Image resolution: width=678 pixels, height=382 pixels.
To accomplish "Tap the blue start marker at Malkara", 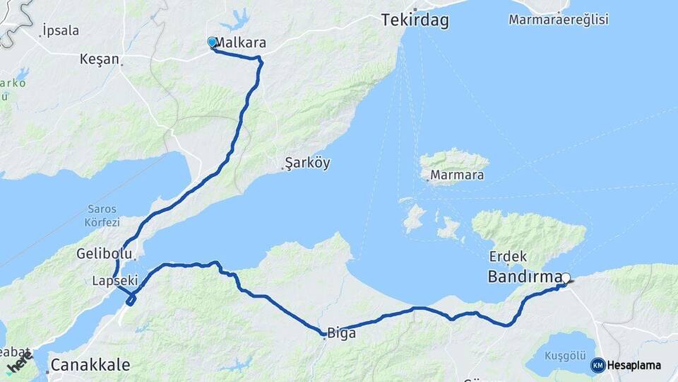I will [212, 42].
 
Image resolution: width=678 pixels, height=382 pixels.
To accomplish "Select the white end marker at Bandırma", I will [565, 278].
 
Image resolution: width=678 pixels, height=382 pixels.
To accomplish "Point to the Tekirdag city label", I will [415, 21].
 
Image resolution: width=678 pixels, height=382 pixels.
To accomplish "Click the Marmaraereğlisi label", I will [558, 20].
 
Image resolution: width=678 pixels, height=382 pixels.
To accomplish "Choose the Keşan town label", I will [100, 59].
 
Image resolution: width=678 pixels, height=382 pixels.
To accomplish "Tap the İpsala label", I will [60, 30].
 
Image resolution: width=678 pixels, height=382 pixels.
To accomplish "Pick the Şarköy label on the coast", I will [307, 163].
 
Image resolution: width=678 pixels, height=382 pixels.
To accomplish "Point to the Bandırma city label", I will [525, 277].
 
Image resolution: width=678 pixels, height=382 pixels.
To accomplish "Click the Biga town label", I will [341, 332].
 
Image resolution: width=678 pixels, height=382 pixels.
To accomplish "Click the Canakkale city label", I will [90, 365].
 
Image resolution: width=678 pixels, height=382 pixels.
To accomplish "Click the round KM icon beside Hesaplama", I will [597, 365].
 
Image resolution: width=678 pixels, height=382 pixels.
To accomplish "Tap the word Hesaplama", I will [634, 365].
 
